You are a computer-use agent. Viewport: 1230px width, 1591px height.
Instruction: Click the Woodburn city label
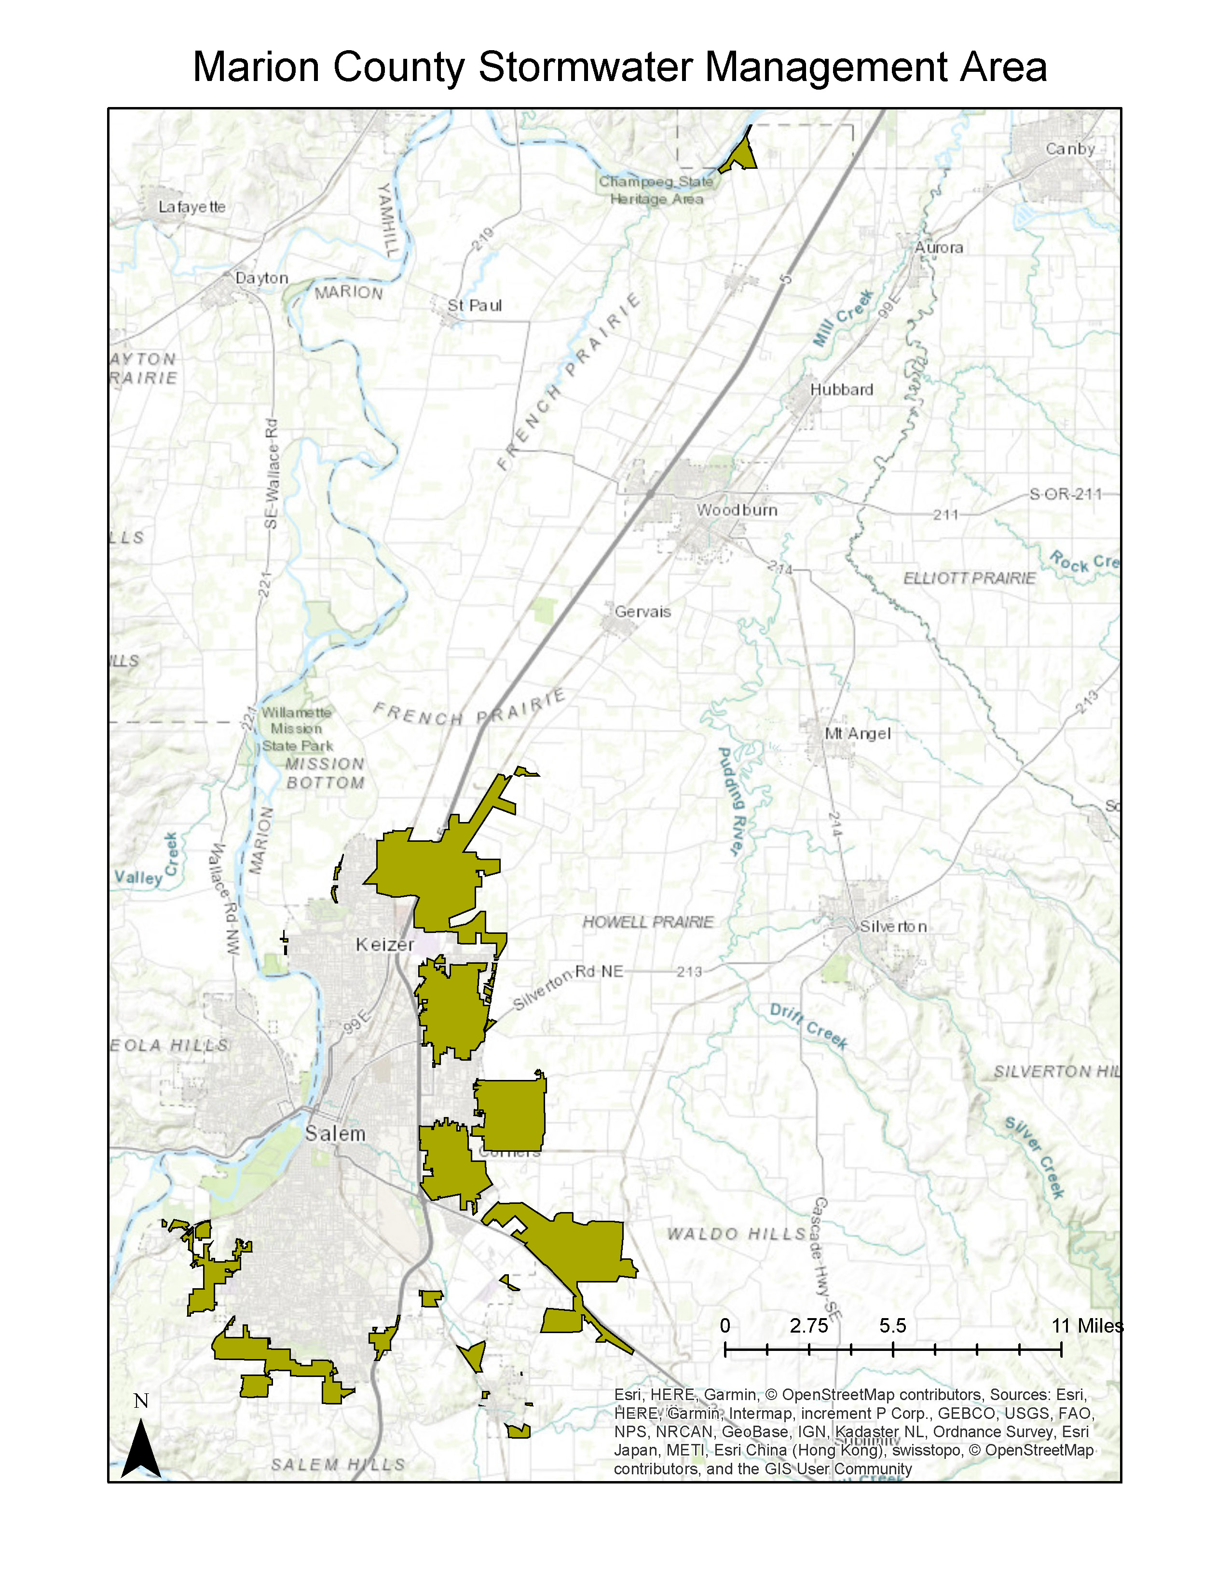(737, 510)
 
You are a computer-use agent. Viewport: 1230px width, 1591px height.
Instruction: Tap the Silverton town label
(893, 927)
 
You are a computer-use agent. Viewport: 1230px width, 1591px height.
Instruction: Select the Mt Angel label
(857, 734)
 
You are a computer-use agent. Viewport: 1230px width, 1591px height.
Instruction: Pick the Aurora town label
(939, 248)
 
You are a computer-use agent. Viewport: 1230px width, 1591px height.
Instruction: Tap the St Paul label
(474, 305)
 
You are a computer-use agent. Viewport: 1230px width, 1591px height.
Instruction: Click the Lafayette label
(191, 207)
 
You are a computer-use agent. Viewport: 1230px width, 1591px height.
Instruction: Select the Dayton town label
(261, 278)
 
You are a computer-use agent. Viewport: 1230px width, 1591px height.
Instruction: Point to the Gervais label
(642, 612)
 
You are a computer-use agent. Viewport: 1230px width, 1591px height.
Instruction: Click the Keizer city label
(385, 945)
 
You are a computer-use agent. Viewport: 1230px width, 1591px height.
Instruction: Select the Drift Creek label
(808, 1025)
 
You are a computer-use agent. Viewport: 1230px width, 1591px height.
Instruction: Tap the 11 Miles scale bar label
(1086, 1326)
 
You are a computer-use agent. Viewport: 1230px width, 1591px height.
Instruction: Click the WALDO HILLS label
(737, 1234)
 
